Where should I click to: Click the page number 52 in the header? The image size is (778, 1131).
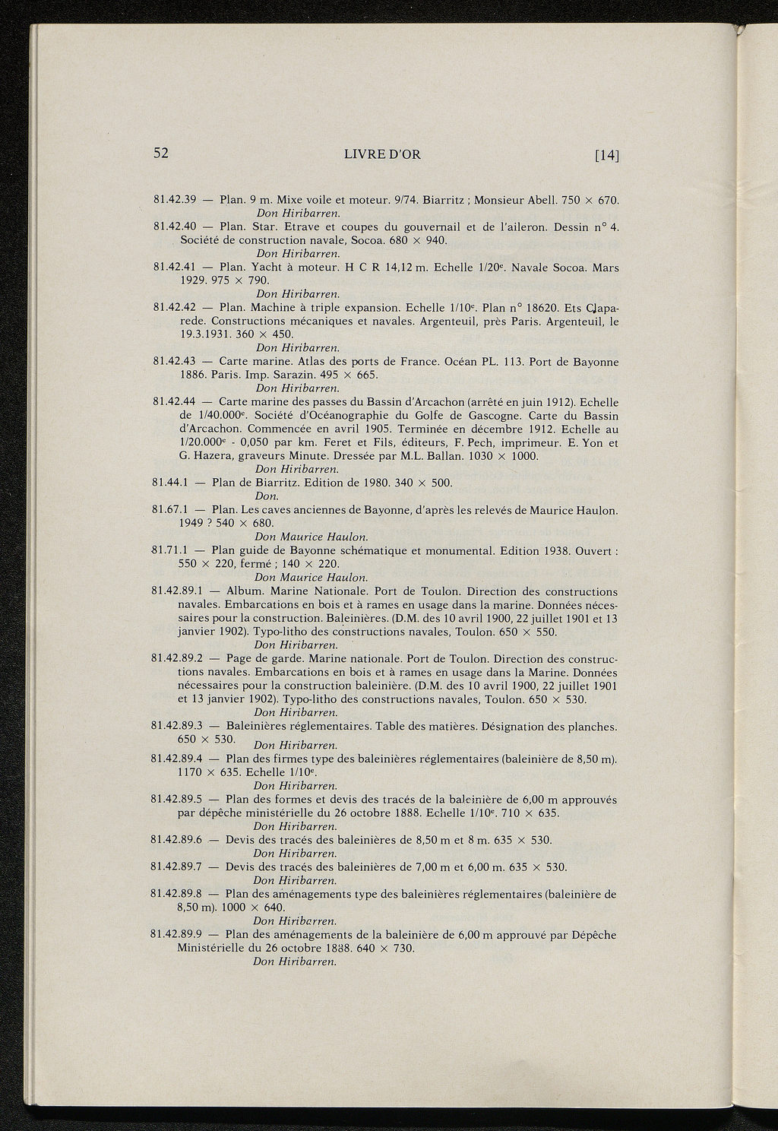coord(160,153)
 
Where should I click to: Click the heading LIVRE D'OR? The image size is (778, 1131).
coord(382,154)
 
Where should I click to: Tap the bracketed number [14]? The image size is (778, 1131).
coord(608,155)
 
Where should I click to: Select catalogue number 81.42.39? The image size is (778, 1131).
coord(176,200)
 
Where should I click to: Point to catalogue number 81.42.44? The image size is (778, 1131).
coord(175,402)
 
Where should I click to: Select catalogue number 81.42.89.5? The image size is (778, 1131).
coord(180,800)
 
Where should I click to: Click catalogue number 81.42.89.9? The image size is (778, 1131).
coord(180,935)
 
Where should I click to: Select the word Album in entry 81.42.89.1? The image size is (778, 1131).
coord(245,591)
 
